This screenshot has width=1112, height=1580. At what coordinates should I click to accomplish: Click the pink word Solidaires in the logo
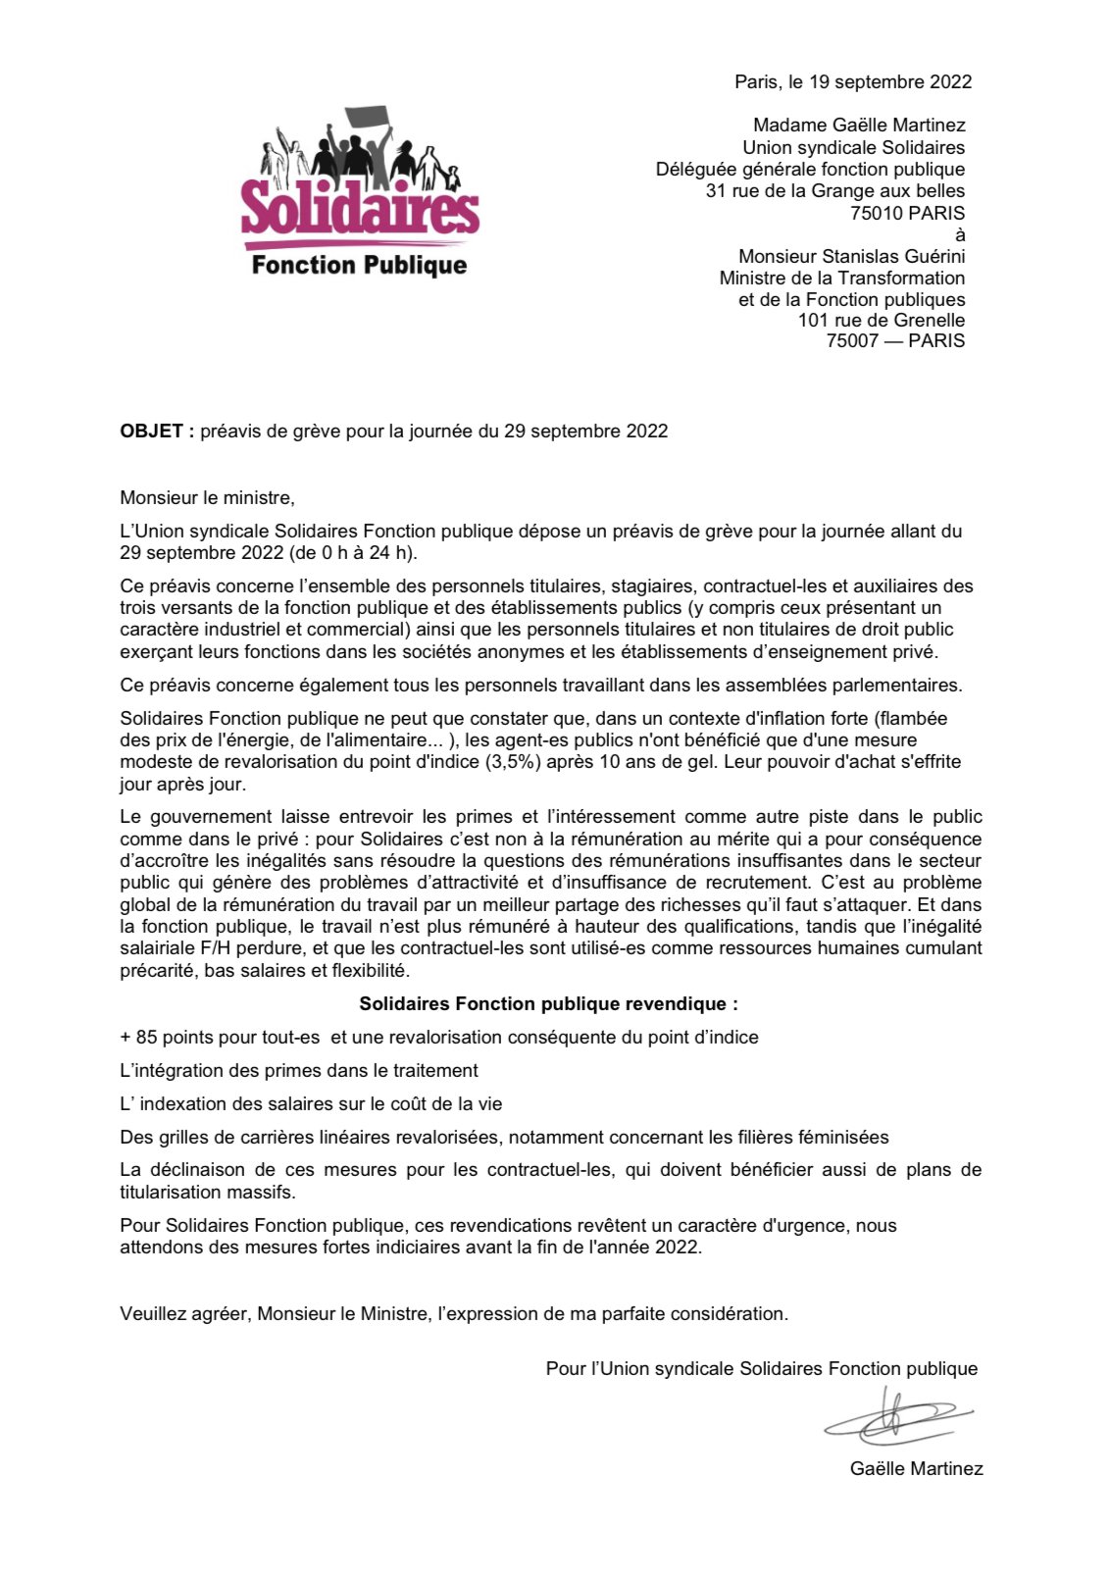360,209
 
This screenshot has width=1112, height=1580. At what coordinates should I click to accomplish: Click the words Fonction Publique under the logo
359,265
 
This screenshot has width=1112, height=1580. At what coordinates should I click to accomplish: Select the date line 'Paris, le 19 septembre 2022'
853,82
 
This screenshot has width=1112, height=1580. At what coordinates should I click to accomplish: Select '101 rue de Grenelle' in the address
882,321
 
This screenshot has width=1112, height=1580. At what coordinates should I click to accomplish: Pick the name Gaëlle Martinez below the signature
916,1468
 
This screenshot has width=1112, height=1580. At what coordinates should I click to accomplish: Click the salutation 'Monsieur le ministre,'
207,498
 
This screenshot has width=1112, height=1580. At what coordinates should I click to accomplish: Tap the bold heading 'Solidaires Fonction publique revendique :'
548,1004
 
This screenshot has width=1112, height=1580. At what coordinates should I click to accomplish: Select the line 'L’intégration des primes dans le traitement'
299,1070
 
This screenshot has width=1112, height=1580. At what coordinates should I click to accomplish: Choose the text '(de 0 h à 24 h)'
352,553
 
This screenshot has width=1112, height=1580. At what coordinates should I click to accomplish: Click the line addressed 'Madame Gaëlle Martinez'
859,126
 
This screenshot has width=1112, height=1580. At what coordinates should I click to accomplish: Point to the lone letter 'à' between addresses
960,234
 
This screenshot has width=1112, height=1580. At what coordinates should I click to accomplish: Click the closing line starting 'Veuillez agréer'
454,1313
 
